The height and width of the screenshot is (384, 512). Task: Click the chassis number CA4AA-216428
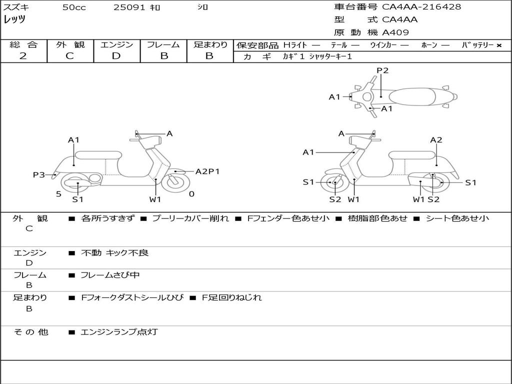[421, 7]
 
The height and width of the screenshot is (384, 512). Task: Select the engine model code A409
[395, 32]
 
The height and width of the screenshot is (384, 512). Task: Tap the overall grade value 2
[23, 56]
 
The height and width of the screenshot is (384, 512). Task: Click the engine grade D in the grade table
[116, 56]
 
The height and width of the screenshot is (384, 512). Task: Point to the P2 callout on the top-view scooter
[382, 70]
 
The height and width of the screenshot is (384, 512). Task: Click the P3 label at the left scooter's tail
[39, 174]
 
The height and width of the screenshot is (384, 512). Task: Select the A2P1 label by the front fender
[207, 171]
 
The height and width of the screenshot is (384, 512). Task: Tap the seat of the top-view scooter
[412, 96]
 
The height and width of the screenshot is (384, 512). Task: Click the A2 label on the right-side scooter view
[436, 140]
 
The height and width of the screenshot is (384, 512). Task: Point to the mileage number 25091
[129, 7]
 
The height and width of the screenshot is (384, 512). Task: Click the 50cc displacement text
[74, 7]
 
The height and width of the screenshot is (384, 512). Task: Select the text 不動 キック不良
[114, 252]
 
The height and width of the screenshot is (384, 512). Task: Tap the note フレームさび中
[110, 275]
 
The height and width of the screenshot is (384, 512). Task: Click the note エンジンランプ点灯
[119, 332]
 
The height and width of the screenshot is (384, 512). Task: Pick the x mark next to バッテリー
[499, 45]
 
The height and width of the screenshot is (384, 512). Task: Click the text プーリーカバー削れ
[190, 218]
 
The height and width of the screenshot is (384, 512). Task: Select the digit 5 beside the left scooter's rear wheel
[58, 194]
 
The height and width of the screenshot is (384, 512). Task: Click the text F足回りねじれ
[231, 297]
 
